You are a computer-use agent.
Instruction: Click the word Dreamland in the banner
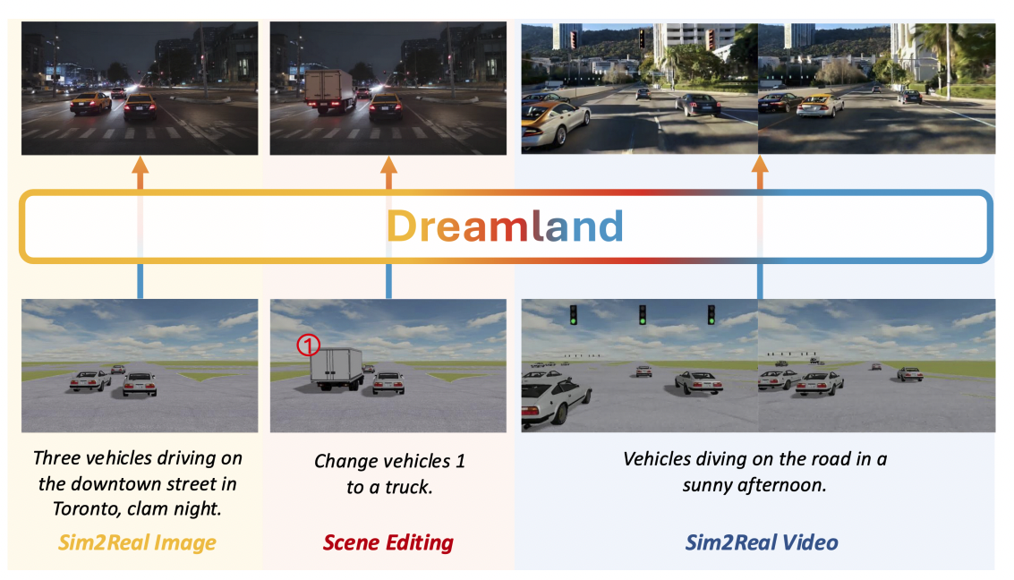point(505,227)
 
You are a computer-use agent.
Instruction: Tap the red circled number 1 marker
point(308,345)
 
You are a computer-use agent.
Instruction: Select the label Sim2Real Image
point(137,542)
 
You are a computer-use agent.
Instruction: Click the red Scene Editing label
point(388,542)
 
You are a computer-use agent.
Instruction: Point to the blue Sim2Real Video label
point(762,542)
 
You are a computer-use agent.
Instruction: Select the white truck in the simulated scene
point(336,366)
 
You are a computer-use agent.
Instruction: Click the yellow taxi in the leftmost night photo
point(90,102)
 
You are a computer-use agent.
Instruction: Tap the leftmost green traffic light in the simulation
point(573,314)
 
